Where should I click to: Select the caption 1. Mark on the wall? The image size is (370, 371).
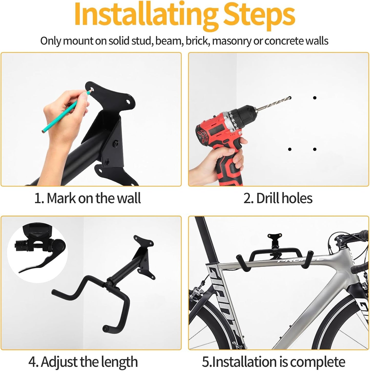point(87,198)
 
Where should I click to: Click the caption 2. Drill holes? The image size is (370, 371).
point(278,198)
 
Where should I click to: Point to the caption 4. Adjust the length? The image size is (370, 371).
point(83,362)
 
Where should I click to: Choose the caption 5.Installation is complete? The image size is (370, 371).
point(273,362)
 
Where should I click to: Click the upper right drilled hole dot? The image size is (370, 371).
point(315,98)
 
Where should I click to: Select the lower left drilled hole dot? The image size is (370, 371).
point(290,149)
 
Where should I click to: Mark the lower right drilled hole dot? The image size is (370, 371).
point(315,149)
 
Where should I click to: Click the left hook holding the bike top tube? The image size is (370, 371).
point(242,261)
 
